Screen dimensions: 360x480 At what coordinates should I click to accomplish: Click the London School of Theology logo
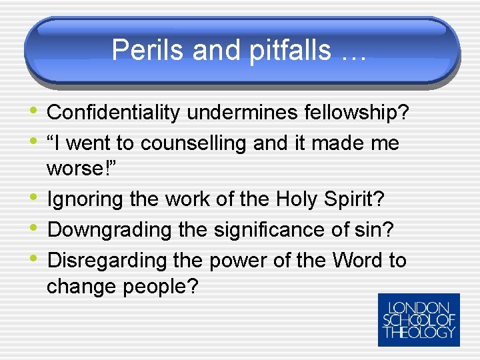coord(419,320)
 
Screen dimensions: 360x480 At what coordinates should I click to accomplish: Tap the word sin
coord(374,229)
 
